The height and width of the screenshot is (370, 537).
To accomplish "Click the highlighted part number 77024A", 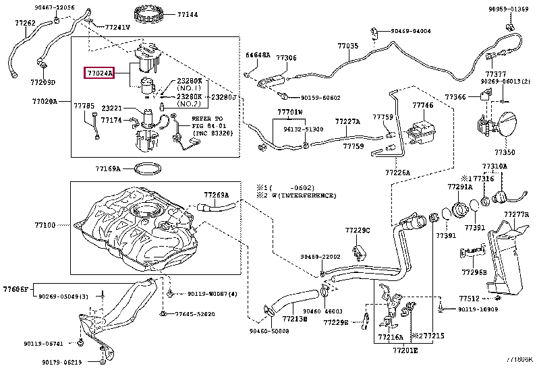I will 99,72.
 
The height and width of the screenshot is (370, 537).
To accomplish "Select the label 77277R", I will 516,215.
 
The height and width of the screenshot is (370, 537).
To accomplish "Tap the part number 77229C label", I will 358,230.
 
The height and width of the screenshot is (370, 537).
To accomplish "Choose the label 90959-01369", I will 508,9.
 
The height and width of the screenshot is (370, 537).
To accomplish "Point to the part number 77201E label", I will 406,350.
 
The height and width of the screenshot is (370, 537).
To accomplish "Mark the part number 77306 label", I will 286,59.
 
